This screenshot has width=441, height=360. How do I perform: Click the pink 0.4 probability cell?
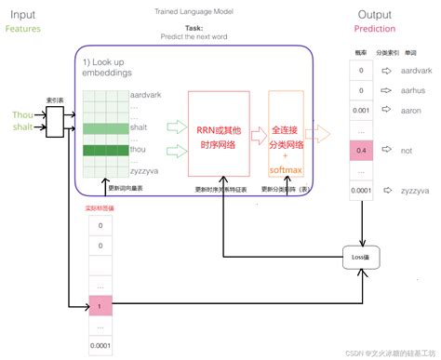tap(360, 150)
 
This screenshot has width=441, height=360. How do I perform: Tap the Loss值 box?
tap(361, 256)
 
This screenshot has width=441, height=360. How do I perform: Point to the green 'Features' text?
tap(22, 29)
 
